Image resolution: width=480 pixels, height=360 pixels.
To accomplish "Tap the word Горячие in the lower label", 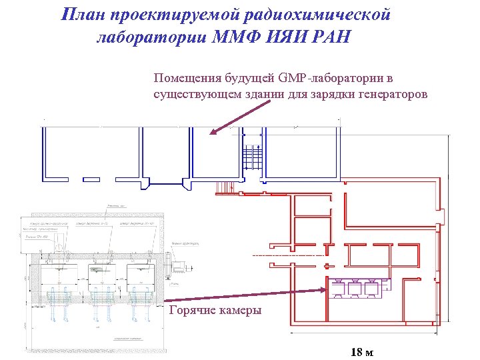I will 193,310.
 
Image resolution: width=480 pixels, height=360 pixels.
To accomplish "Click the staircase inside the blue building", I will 251,158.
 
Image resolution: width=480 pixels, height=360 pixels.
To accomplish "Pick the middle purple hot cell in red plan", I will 354,289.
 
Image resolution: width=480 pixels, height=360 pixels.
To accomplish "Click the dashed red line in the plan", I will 287,255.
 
